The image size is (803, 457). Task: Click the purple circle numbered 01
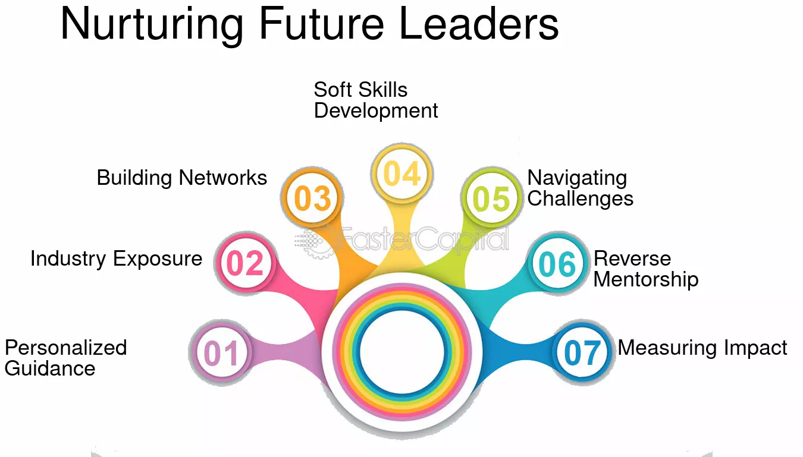(221, 352)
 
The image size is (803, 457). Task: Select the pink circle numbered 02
(245, 263)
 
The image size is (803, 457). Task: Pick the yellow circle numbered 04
(402, 174)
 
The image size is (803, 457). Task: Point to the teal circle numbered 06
(557, 263)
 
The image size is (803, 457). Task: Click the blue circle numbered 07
(582, 352)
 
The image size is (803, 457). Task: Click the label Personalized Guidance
(65, 358)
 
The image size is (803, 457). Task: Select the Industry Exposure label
(116, 259)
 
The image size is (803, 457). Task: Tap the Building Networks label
(182, 178)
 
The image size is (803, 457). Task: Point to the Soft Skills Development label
(376, 100)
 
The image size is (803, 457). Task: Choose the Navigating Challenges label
(580, 188)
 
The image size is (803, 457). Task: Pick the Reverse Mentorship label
(646, 269)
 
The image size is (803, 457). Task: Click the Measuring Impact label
(702, 348)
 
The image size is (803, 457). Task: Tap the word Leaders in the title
(479, 24)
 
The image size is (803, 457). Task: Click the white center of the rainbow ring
(402, 352)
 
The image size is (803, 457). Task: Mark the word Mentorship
(646, 279)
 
